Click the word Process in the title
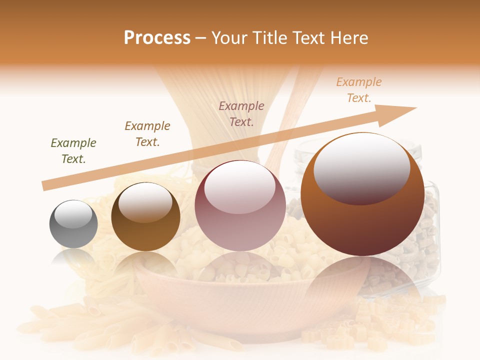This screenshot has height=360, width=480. [x=157, y=38]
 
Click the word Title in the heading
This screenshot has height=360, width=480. [x=267, y=38]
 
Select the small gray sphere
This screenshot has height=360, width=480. [x=73, y=224]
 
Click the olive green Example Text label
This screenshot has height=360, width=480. [x=73, y=151]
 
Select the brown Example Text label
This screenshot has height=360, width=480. [x=147, y=134]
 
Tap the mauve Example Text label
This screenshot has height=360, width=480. [x=241, y=113]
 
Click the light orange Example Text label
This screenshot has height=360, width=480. [x=359, y=90]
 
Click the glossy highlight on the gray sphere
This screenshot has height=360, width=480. [x=73, y=214]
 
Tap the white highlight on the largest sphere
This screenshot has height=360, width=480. [x=361, y=167]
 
